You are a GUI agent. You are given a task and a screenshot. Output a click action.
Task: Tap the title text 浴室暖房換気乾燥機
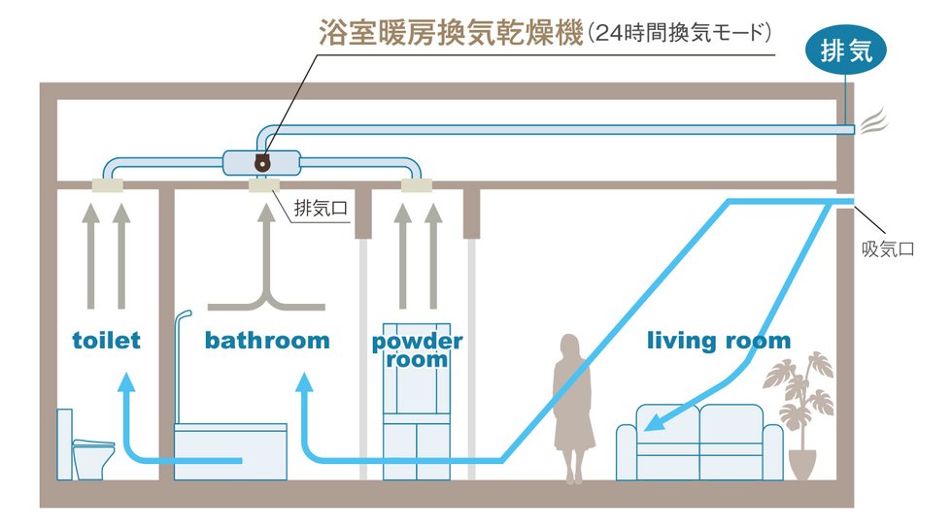coord(450,34)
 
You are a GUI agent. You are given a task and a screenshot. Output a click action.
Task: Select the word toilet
coord(107,341)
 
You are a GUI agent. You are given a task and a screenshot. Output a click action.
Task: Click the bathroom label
coord(267,341)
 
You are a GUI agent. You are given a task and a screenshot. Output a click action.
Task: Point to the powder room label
coord(417,350)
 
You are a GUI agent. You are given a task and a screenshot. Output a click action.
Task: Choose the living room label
coord(719,341)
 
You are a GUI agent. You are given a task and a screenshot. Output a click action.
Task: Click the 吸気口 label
coord(888,248)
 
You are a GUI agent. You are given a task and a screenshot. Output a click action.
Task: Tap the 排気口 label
coord(318,206)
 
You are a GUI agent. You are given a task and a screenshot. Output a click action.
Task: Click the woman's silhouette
coord(573,408)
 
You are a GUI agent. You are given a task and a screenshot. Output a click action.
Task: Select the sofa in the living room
coord(699,442)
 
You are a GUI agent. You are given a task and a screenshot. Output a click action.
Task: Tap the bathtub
coord(230,451)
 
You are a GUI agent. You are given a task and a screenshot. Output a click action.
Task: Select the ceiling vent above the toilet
coord(107,184)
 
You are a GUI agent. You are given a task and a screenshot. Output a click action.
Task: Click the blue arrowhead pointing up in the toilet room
coord(125,384)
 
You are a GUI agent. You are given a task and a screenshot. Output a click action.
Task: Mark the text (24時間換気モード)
coord(680,34)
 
